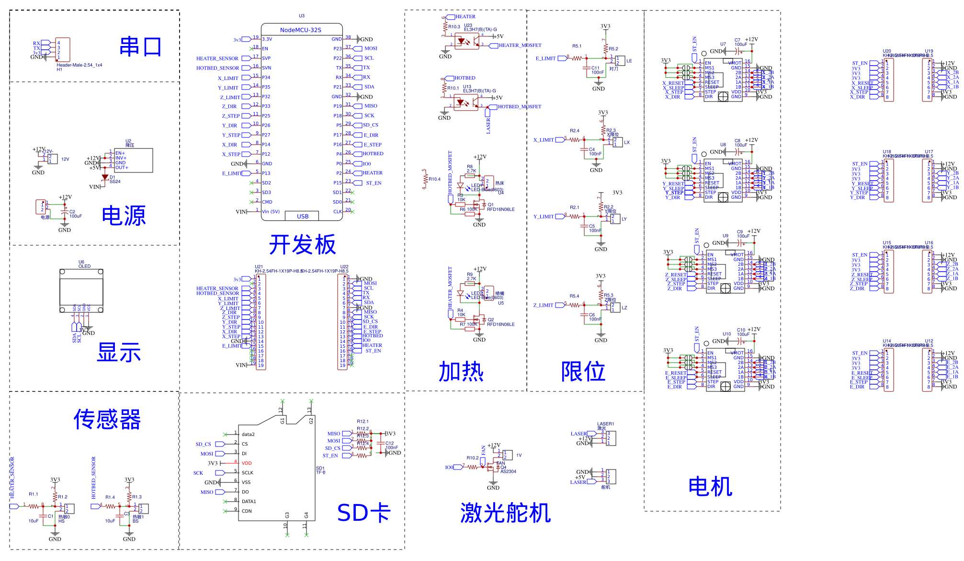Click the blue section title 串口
tap(140, 47)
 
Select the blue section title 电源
tap(124, 216)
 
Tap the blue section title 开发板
tap(302, 245)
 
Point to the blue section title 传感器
tap(107, 420)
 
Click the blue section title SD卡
tap(364, 513)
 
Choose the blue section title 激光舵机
tap(505, 513)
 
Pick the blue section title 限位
tap(583, 372)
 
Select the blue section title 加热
tap(461, 372)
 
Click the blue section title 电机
tap(710, 487)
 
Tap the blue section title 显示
tap(119, 353)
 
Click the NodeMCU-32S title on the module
tap(300, 30)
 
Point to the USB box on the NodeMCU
tap(302, 216)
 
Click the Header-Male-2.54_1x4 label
tap(79, 65)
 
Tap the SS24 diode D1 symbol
tap(105, 177)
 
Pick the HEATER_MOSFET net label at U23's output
tap(520, 46)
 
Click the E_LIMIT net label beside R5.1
tap(545, 58)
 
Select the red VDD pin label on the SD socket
tap(247, 463)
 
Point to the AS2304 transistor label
tap(508, 471)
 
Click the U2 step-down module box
tap(134, 160)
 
